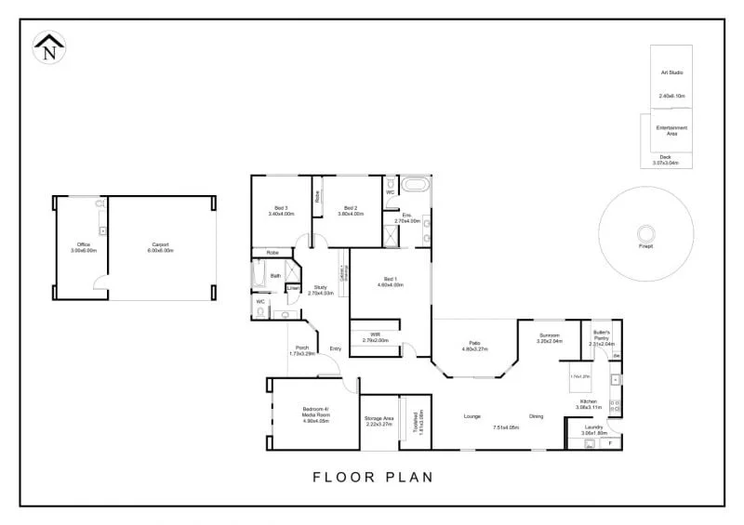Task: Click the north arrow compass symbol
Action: click(x=48, y=47)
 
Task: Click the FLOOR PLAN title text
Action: click(x=372, y=478)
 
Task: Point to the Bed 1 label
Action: click(x=390, y=282)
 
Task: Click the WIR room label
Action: click(x=375, y=337)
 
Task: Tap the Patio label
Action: click(x=474, y=347)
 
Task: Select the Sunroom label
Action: click(x=551, y=338)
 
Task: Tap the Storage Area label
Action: click(x=378, y=420)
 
